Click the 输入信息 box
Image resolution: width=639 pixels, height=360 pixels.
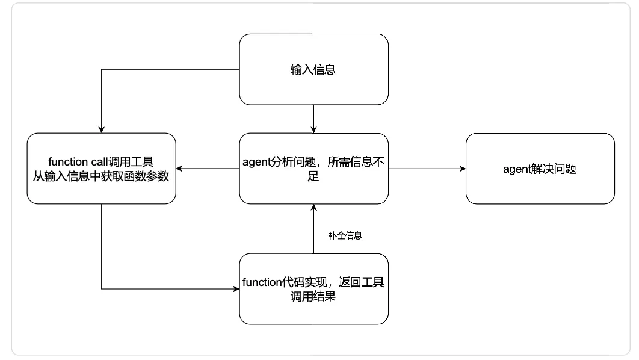point(313,69)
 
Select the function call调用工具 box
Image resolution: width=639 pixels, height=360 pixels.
point(101,169)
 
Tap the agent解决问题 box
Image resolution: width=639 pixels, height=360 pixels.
point(540,169)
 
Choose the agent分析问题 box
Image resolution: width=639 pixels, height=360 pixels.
point(313,169)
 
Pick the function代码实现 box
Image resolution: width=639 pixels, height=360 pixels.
point(313,290)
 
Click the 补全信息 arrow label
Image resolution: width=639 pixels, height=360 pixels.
point(345,236)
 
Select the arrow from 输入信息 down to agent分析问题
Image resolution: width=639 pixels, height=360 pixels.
point(313,119)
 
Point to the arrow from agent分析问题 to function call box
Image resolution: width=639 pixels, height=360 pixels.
point(208,169)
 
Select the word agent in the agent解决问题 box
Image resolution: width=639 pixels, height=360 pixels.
point(515,169)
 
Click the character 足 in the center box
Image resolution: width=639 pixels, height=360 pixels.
point(313,176)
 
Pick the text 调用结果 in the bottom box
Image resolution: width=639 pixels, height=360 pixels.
point(313,296)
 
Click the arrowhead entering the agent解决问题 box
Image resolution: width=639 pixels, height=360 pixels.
point(462,169)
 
